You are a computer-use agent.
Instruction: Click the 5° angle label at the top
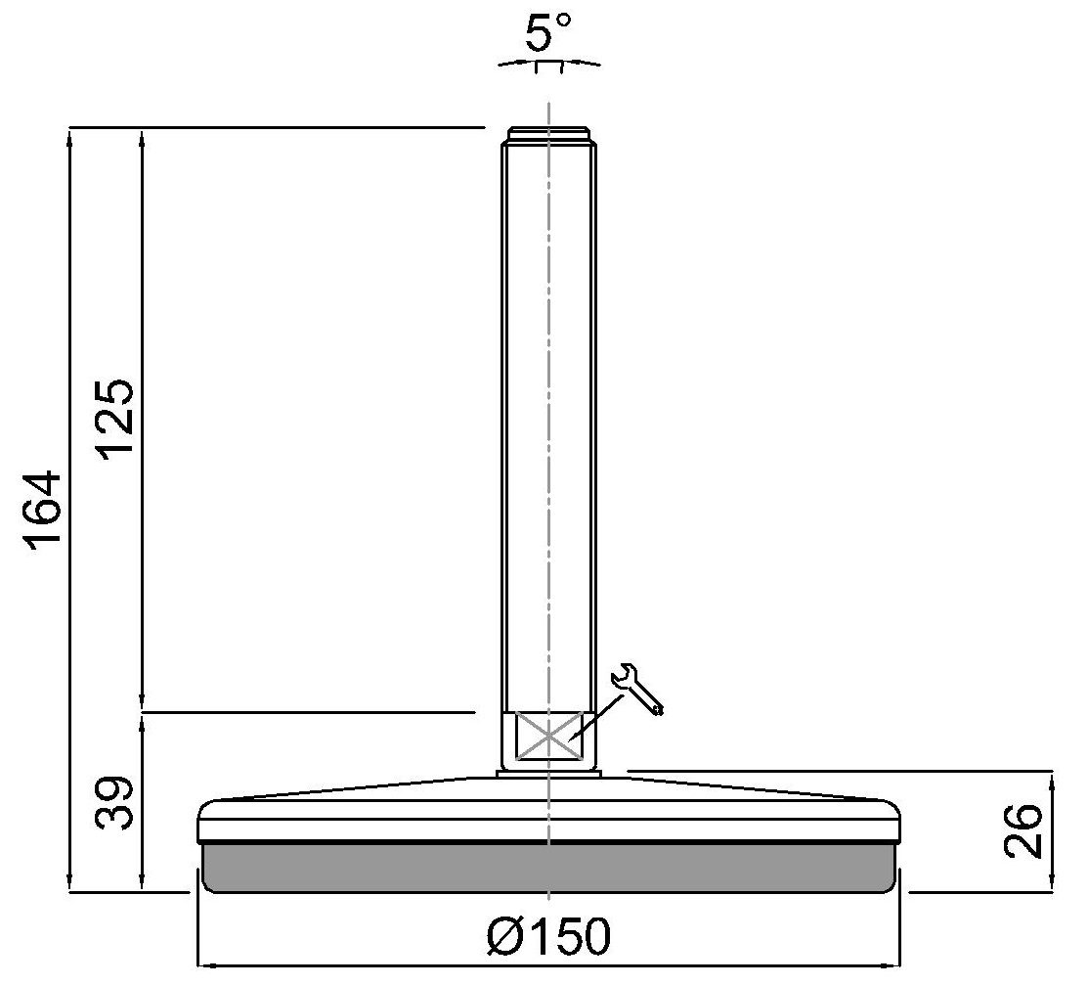point(548,35)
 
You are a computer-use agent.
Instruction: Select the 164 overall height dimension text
point(45,511)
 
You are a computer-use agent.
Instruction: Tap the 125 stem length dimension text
point(115,418)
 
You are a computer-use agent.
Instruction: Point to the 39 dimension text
point(115,803)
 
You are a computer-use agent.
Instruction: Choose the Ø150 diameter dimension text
point(548,938)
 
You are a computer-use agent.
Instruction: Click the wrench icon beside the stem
point(637,689)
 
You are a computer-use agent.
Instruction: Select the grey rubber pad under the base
point(548,868)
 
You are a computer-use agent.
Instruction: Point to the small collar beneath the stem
point(548,774)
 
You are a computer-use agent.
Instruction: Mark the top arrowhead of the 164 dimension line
point(70,136)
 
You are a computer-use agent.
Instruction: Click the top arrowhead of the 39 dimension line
point(143,723)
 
